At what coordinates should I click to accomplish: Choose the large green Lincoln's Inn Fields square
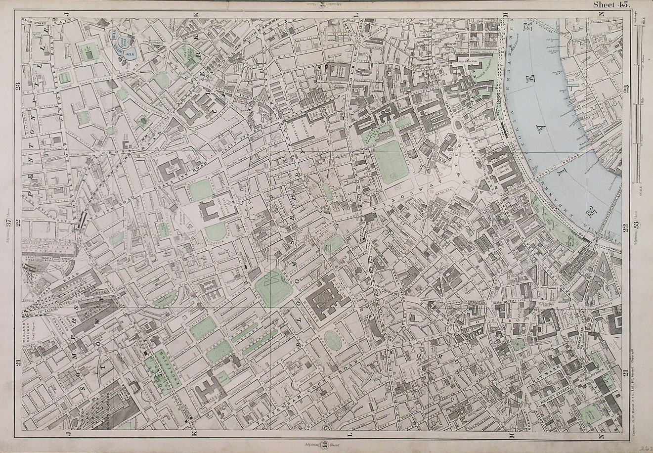click(391, 159)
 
